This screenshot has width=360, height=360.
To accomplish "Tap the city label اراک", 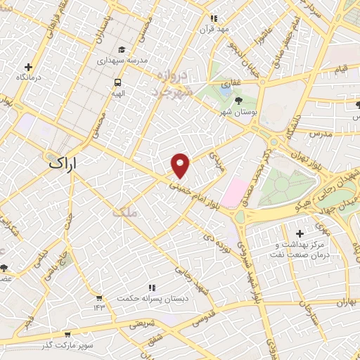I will point(62,163).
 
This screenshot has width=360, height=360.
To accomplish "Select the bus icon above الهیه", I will point(117,82).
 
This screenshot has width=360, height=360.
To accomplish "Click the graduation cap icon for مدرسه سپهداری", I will point(122,50).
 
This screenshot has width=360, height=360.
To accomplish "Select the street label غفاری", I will point(229,84).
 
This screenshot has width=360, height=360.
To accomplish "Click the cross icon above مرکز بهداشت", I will point(300,233).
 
